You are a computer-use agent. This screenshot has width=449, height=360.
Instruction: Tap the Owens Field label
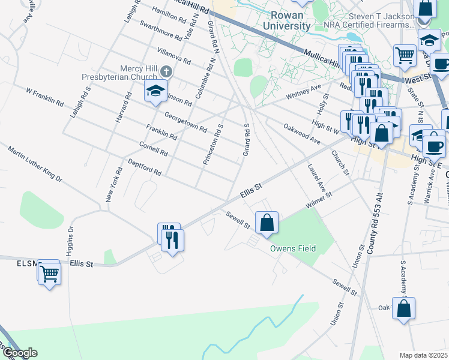(294, 248)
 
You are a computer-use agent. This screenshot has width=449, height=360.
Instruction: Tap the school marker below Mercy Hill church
(155, 92)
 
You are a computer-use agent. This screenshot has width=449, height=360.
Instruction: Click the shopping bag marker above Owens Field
(267, 223)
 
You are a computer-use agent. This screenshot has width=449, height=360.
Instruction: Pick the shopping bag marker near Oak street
(405, 309)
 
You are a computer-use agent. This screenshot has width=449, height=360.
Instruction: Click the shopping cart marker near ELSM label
(49, 274)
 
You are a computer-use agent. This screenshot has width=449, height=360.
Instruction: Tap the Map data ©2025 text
(423, 355)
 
